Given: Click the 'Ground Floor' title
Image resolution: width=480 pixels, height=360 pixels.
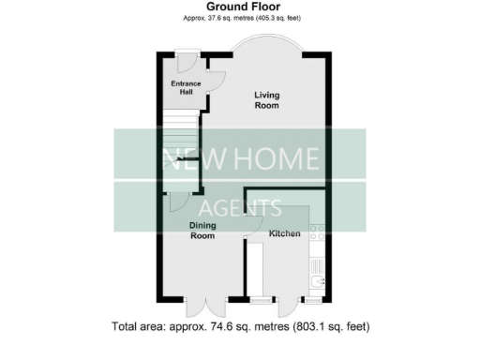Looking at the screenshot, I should [240, 7].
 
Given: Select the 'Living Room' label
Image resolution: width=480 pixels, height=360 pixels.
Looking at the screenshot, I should [267, 100].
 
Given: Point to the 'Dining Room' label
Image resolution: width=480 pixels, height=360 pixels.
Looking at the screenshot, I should [203, 231].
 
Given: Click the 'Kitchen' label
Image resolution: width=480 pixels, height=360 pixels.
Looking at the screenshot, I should [284, 232].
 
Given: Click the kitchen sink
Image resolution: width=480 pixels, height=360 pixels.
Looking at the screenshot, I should [319, 279].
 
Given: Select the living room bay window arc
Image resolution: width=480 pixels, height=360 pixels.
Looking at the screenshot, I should [268, 44].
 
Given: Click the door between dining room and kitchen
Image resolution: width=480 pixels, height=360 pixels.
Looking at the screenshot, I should [251, 225].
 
